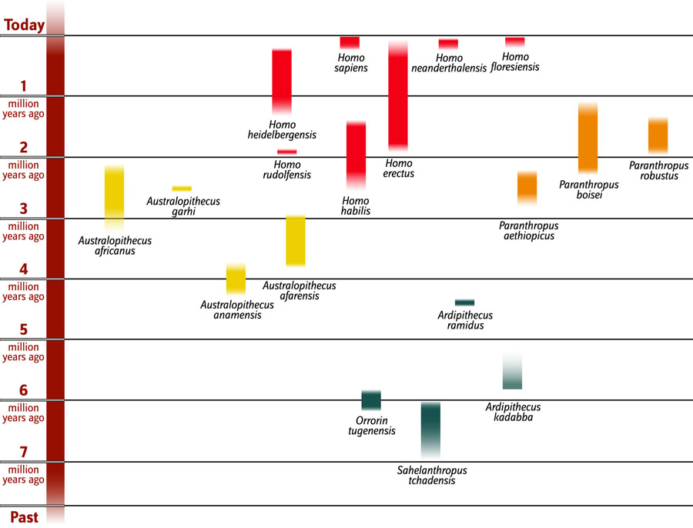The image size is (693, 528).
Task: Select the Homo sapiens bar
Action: (x=350, y=42)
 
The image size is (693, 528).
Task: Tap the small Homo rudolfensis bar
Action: (x=286, y=152)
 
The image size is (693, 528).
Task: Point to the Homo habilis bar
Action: (x=356, y=155)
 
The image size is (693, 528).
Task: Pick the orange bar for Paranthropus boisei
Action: (x=588, y=139)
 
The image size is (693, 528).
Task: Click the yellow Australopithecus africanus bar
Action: (x=114, y=197)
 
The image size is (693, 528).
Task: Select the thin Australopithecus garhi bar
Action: (x=182, y=188)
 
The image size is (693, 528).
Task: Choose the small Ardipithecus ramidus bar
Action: (x=464, y=302)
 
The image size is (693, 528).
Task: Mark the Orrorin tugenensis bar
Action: (x=371, y=400)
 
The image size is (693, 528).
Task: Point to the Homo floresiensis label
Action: (x=515, y=62)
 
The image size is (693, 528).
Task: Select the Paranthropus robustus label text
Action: (x=658, y=170)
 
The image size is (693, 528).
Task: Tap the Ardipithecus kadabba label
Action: (x=513, y=413)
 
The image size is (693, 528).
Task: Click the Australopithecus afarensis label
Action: (x=299, y=291)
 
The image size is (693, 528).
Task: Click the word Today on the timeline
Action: (x=24, y=25)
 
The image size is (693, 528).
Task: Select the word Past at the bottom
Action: (x=25, y=515)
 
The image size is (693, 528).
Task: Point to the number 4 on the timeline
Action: (x=23, y=269)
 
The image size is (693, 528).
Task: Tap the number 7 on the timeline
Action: (x=23, y=451)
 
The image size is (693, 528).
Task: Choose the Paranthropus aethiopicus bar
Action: (x=527, y=187)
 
